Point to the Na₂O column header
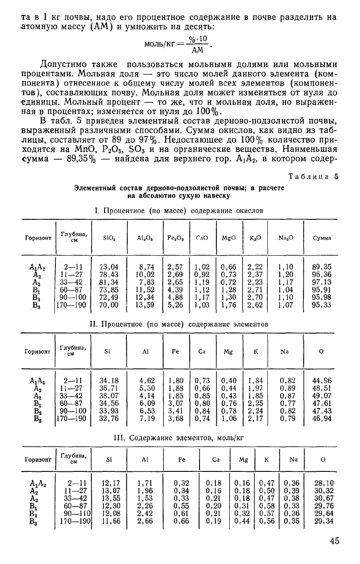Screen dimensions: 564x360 pyautogui.click(x=283, y=238)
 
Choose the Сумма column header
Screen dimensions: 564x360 pyautogui.click(x=322, y=238)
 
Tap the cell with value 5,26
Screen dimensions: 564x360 pyautogui.click(x=176, y=305)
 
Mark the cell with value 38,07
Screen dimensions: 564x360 pyautogui.click(x=110, y=396)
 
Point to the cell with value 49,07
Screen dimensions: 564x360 pyautogui.click(x=322, y=396)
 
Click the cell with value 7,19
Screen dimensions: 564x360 pyautogui.click(x=147, y=418)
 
